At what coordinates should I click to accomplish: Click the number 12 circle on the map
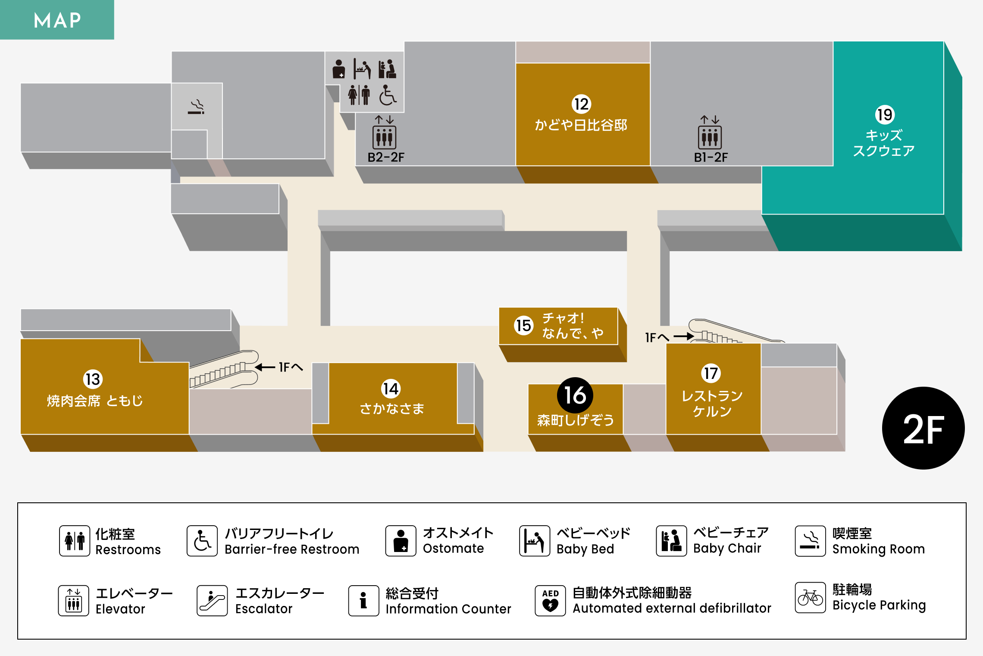(581, 104)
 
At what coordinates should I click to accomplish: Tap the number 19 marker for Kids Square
(885, 115)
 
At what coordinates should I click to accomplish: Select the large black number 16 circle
(575, 395)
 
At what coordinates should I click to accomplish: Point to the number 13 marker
(93, 379)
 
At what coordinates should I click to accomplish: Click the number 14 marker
(391, 388)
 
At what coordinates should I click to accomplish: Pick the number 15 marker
(523, 325)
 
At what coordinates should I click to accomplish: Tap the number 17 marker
(711, 373)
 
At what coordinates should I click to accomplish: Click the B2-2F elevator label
(386, 158)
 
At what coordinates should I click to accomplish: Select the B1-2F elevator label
(711, 158)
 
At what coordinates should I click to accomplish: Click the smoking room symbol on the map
(196, 107)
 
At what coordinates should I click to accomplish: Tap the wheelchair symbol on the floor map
(388, 95)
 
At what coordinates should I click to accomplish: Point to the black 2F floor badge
(923, 428)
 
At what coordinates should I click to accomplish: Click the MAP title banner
(57, 20)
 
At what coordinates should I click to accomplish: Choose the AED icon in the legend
(550, 600)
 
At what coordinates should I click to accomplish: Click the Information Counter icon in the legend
(363, 600)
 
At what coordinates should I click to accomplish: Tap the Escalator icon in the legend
(212, 600)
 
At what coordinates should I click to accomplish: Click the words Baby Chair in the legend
(727, 548)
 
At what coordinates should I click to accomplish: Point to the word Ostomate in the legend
(453, 548)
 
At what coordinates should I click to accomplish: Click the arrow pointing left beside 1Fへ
(265, 367)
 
